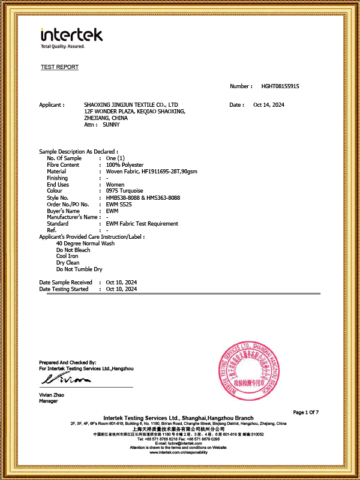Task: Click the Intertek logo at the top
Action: tap(71, 37)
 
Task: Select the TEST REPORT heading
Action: tap(59, 67)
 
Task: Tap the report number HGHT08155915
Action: tap(280, 86)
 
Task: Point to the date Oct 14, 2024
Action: tap(269, 105)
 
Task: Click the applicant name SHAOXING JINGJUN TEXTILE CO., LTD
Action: tap(131, 105)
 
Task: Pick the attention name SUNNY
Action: tap(111, 125)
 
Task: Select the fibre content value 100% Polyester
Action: tap(125, 165)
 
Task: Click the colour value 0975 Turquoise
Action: tap(124, 191)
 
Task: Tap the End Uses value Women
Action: tap(115, 184)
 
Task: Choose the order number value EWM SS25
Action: tap(118, 204)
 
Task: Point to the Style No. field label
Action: tap(58, 197)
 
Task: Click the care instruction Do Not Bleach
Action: tap(73, 250)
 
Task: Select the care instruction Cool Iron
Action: tap(67, 256)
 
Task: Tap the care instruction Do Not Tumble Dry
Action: tap(79, 269)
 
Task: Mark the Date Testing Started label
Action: tap(64, 289)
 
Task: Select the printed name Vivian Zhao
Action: tap(52, 395)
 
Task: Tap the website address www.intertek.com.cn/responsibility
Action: tap(179, 452)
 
